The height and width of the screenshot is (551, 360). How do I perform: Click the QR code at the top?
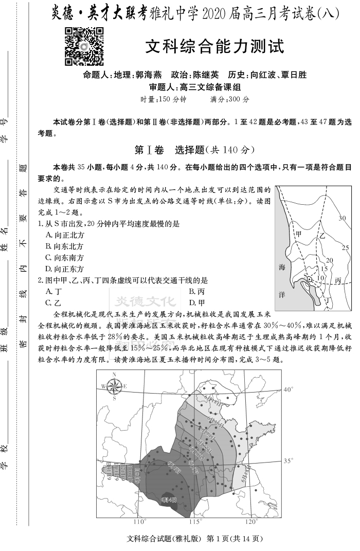tap(84, 47)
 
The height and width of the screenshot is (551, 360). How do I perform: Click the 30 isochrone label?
tap(342, 218)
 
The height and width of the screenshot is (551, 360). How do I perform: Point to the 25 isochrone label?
tap(346, 248)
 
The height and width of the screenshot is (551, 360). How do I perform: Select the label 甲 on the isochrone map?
tap(299, 234)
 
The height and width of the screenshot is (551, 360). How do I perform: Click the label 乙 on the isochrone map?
tap(322, 236)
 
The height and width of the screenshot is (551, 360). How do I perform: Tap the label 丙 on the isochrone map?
tap(338, 281)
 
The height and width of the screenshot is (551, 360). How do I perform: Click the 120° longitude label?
tap(250, 522)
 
